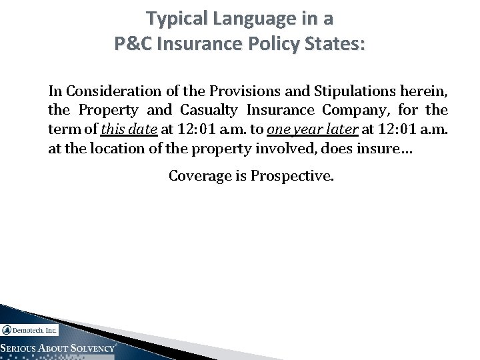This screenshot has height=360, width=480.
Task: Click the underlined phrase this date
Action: (133, 129)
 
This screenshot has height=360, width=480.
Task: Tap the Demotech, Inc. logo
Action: (30, 329)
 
